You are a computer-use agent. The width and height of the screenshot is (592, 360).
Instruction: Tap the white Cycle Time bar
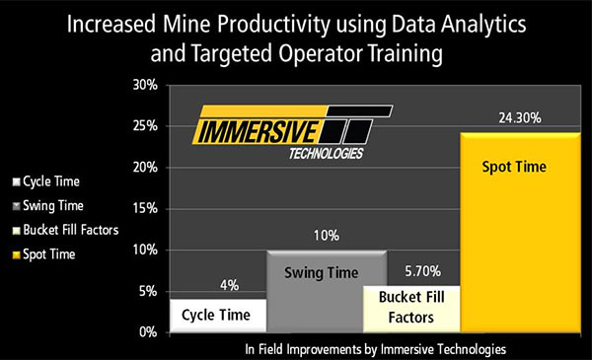[218, 316]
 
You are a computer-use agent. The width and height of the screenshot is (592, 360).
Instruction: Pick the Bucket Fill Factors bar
[411, 309]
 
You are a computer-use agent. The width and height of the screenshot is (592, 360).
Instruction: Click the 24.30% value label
[510, 116]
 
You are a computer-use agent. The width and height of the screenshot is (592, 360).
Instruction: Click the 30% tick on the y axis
[145, 85]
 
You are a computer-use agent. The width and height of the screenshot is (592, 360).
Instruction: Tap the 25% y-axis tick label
[145, 126]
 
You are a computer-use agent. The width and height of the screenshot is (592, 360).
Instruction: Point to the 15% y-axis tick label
[145, 209]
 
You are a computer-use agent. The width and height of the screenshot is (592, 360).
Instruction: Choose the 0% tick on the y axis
[148, 332]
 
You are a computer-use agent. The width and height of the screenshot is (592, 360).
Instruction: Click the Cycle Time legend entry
[48, 181]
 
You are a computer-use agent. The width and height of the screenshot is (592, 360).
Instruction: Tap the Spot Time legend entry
[46, 254]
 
